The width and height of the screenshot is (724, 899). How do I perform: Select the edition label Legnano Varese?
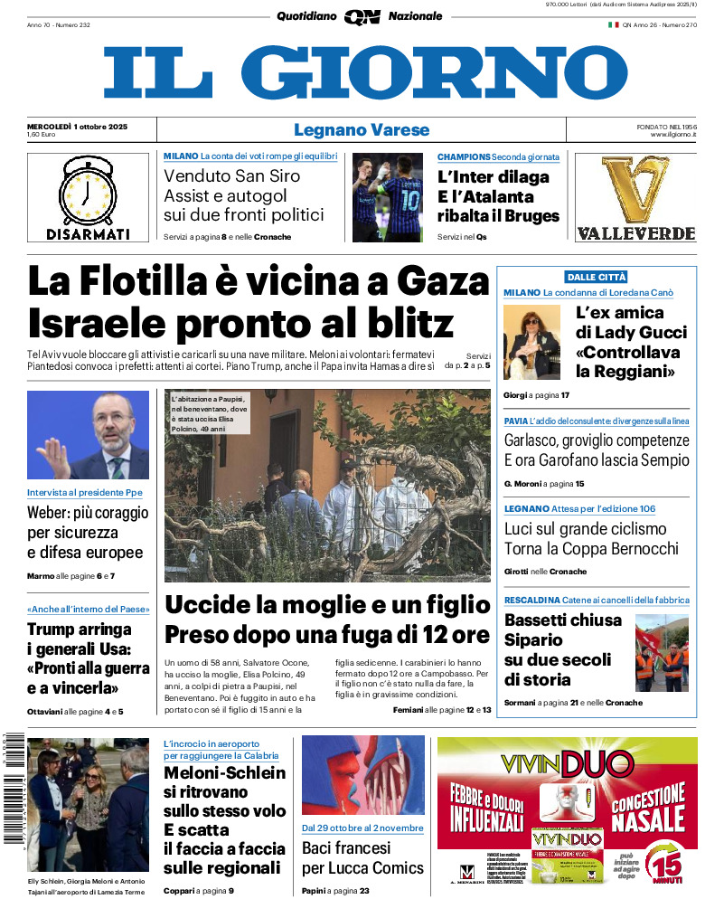[362, 130]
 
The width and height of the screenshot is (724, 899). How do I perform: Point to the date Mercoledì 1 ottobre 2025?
[77, 126]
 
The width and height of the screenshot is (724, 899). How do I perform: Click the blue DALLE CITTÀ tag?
[596, 277]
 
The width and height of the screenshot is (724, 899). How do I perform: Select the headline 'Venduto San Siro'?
[231, 175]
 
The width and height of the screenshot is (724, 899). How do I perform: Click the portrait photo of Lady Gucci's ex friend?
[532, 342]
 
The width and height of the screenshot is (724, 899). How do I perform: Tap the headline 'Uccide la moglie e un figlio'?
[326, 606]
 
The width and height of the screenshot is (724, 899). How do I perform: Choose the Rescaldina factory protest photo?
[661, 653]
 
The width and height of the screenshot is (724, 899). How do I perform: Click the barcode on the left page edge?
[13, 786]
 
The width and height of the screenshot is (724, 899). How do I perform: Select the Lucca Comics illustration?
[362, 776]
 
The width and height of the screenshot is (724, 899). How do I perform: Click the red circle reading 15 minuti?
[670, 859]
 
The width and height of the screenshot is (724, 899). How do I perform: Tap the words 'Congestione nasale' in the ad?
[648, 808]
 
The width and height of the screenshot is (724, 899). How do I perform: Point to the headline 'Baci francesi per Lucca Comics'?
[362, 858]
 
